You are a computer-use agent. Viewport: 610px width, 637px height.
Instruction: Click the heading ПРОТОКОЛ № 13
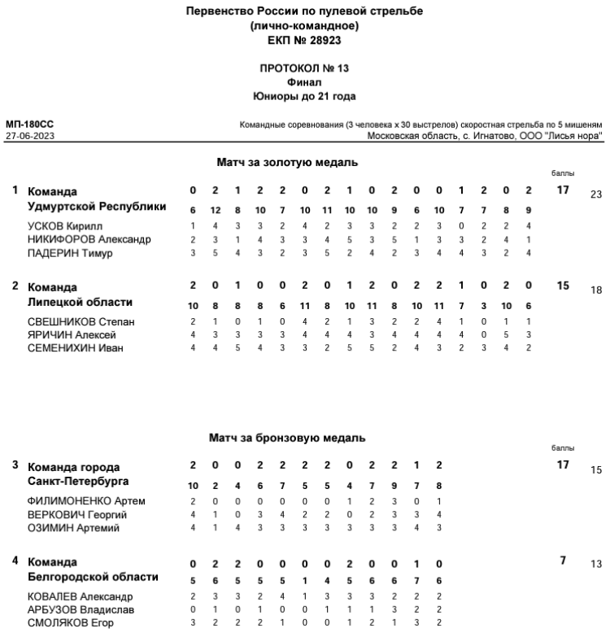[304, 69]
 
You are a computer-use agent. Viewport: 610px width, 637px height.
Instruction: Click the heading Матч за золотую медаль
[287, 163]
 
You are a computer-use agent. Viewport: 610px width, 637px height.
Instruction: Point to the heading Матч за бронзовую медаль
[287, 438]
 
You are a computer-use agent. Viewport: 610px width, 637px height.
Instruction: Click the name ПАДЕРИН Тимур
[68, 253]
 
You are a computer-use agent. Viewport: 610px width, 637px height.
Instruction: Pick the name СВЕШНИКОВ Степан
[81, 321]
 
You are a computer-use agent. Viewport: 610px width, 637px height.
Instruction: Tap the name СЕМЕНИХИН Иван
[74, 349]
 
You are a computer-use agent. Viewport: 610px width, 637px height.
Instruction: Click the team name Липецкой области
[80, 302]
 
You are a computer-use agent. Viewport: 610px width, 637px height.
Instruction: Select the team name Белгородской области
[93, 577]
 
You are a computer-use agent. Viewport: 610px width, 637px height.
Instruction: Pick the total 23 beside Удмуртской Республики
[596, 194]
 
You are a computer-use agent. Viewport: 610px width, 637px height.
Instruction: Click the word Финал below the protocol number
[304, 82]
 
